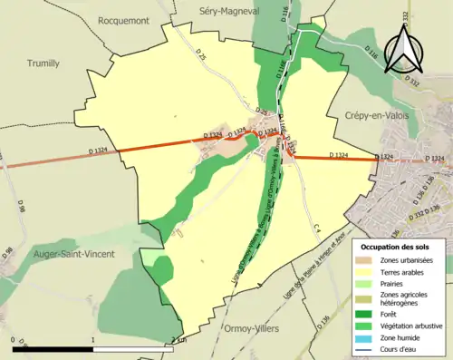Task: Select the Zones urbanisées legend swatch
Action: tap(368, 260)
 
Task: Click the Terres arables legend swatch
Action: tap(368, 273)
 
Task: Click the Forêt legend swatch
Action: tap(368, 316)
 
